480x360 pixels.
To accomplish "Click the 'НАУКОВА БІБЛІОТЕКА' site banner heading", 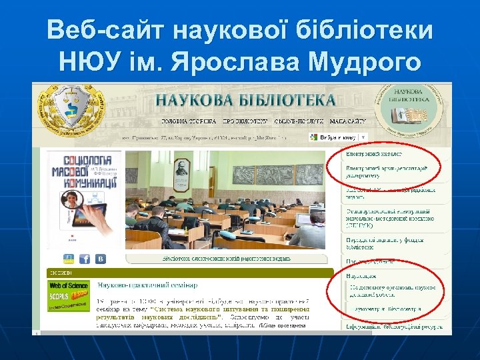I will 245,100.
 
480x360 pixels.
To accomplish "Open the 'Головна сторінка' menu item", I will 189,122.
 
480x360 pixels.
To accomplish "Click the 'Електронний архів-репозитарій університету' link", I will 387,172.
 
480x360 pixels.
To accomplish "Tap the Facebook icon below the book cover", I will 85,259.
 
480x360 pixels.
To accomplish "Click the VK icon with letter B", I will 101,259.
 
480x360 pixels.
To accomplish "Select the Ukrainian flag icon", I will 69,259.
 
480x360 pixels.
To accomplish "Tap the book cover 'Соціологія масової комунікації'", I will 83,200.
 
